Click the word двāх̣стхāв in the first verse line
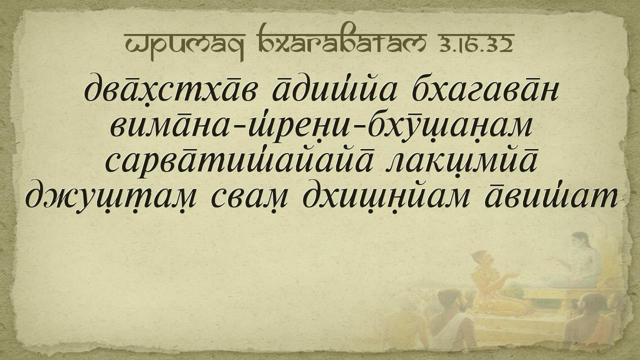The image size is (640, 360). [170, 89]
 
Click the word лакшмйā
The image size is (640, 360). [460, 162]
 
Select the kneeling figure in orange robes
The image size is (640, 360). [491, 285]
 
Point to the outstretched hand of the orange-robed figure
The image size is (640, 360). [513, 275]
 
